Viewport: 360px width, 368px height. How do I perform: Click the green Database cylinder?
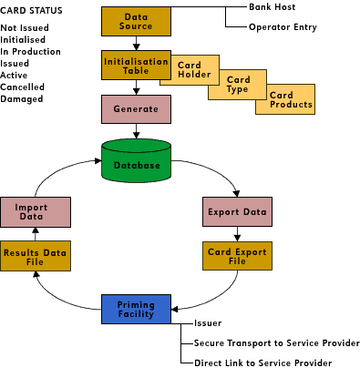click(x=137, y=164)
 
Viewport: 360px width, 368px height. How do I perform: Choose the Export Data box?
click(x=236, y=212)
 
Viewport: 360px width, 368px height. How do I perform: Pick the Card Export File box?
click(x=236, y=255)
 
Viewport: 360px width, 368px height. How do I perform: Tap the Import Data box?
click(x=32, y=212)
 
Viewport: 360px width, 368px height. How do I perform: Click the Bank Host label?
click(x=271, y=6)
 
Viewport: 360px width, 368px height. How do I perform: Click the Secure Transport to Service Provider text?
click(x=276, y=343)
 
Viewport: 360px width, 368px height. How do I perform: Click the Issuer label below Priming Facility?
click(x=208, y=323)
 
